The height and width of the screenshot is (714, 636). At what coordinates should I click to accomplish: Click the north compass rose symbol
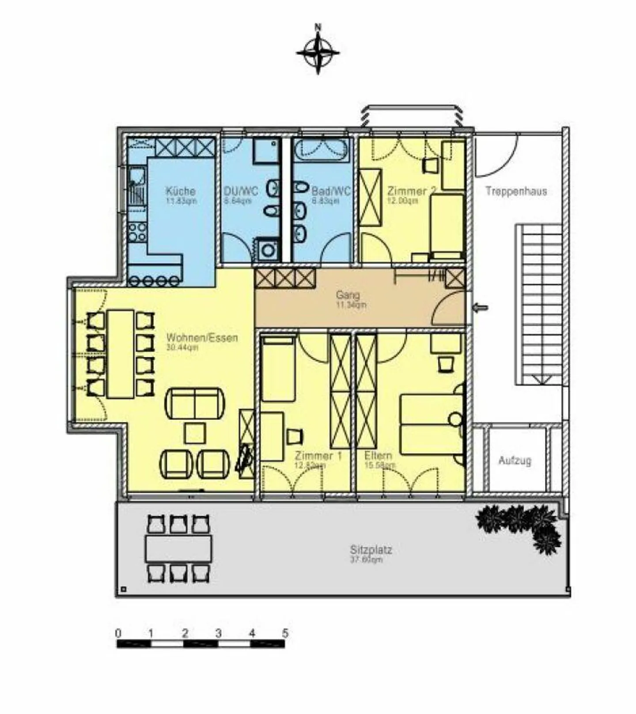coord(318,53)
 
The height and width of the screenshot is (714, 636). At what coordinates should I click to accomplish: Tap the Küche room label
coord(181,191)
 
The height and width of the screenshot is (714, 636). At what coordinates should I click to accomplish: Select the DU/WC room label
coord(241,191)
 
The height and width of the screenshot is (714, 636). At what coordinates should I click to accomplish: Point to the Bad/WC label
coord(331,191)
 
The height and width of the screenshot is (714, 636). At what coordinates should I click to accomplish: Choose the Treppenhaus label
coord(516,191)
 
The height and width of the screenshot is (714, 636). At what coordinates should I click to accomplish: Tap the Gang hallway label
coord(348,295)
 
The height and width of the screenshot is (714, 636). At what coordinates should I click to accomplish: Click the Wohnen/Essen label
coord(202,338)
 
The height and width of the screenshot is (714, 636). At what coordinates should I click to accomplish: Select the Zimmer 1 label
coord(318,456)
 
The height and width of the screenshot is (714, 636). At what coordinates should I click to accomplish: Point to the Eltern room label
coord(378,456)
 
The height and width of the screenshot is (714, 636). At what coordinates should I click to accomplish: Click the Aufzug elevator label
coord(515,460)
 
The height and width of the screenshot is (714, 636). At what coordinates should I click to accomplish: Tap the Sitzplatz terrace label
coord(371,550)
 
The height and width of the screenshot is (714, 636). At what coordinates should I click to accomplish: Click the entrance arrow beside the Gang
coord(481,308)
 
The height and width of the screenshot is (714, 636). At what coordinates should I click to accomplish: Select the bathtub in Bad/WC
coord(322,151)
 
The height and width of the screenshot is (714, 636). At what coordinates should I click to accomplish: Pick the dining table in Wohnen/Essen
coord(121,354)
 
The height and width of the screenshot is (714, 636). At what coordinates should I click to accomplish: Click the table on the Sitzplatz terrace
coord(178,549)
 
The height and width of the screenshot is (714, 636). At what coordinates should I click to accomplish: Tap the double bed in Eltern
coord(431,425)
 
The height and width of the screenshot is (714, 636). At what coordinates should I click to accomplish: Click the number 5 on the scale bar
coord(285,633)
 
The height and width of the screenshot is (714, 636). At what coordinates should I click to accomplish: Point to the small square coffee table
coord(195,433)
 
